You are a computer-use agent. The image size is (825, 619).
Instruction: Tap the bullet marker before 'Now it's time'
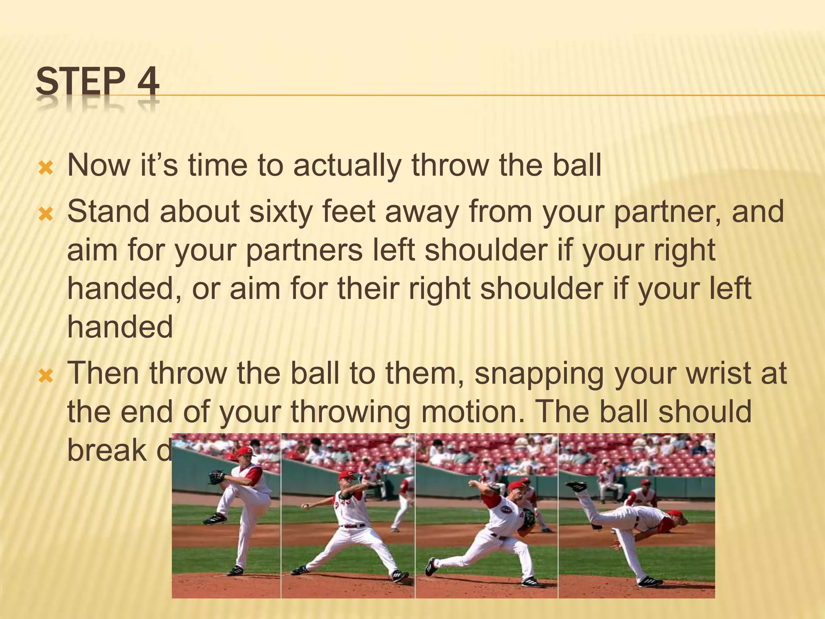pos(45,168)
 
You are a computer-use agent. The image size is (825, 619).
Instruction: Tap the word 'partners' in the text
pos(304,251)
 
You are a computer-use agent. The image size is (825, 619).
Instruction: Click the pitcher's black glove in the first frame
pos(216,477)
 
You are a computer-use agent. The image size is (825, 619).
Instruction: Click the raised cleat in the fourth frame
pos(576,486)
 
